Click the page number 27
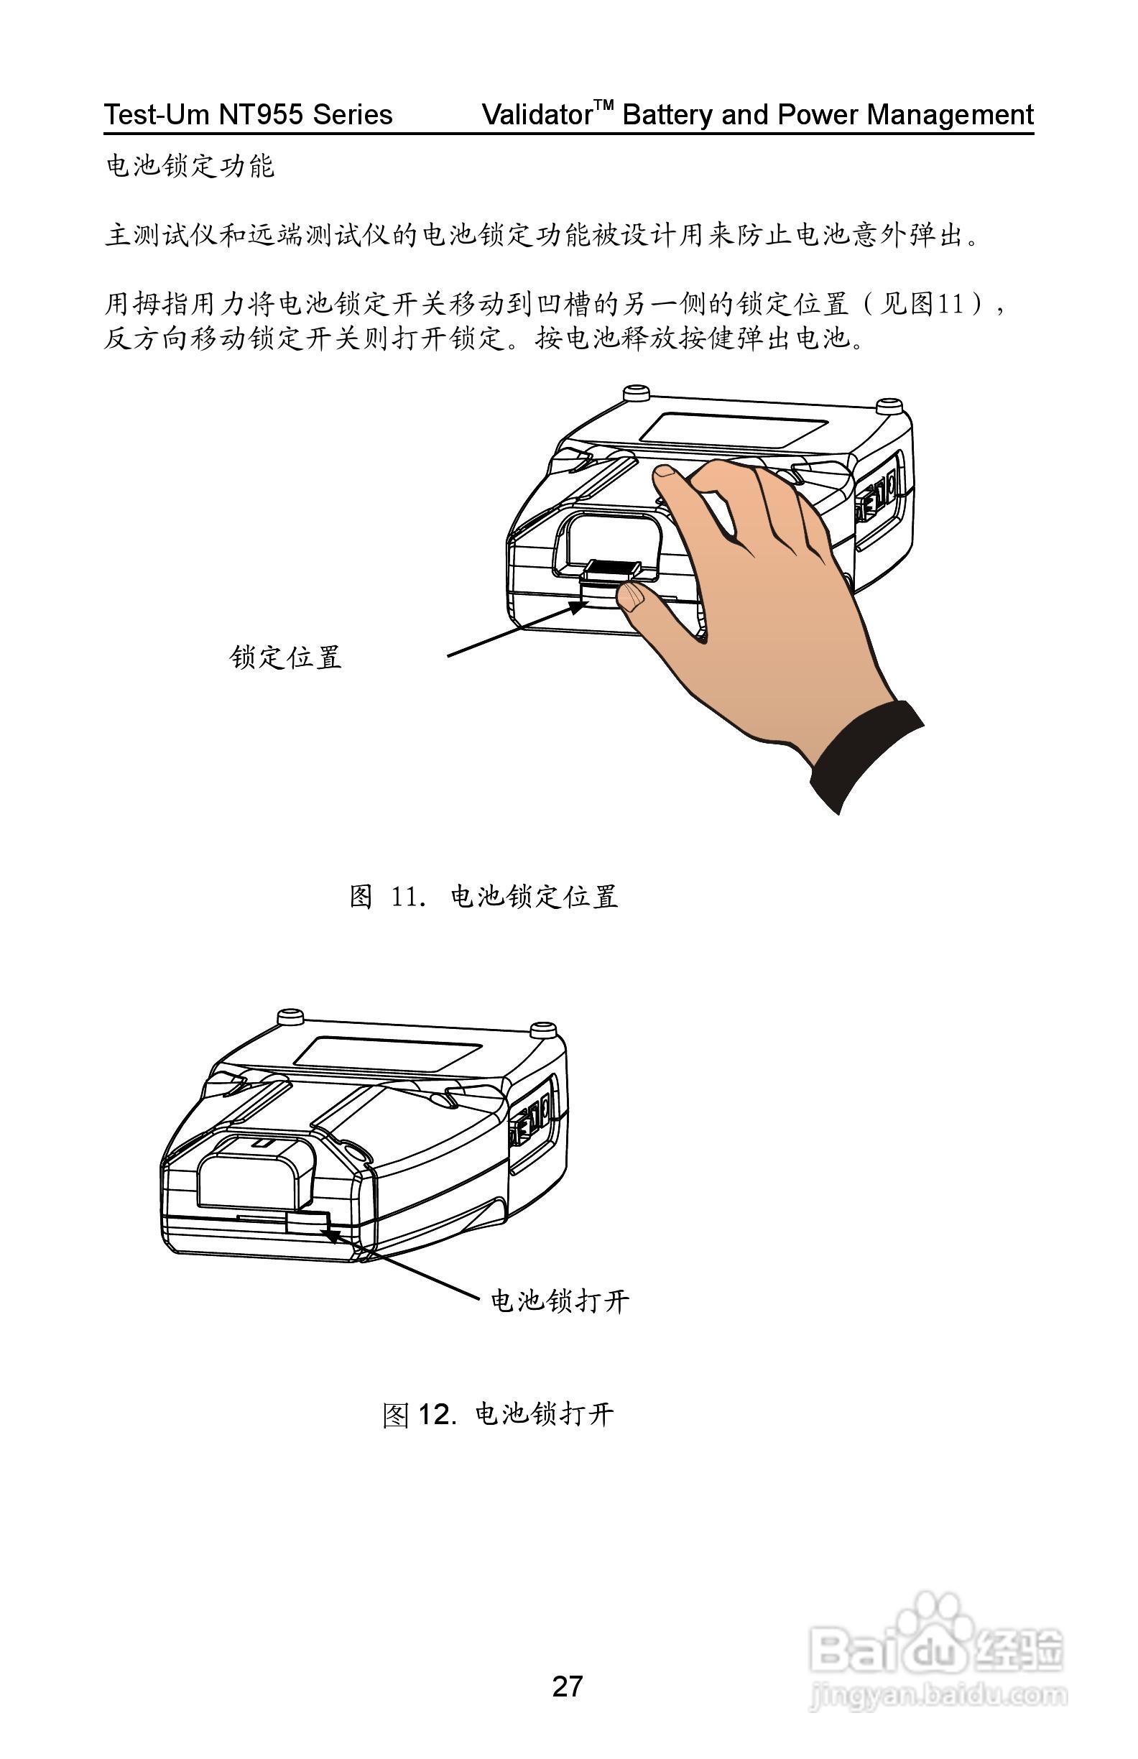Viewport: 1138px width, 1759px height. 567,1686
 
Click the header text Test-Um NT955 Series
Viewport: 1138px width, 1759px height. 248,114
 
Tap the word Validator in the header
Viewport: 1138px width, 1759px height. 537,114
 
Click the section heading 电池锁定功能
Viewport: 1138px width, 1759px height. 190,166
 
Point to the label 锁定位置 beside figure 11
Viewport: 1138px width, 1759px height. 285,657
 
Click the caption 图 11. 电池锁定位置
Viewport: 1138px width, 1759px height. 484,897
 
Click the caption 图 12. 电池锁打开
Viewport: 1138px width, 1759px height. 498,1415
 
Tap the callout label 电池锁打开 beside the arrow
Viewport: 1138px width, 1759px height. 560,1301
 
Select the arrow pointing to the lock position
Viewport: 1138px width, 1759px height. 517,629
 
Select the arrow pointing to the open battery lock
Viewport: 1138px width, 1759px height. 399,1264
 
